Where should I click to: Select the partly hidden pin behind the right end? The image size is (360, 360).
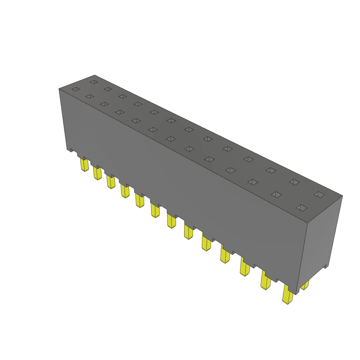pos(305,285)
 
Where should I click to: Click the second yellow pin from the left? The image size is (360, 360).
pos(97,173)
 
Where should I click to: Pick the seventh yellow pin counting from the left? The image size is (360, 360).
pos(172,221)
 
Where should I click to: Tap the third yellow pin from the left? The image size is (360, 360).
pos(111,182)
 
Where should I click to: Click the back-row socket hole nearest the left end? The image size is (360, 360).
pos(94,82)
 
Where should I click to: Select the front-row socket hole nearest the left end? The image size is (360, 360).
pos(76,89)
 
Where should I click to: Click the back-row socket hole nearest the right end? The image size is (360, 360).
pos(319,194)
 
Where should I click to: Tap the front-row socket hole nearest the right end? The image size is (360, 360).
pos(302,207)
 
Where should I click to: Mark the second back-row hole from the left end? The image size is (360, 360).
pos(108,89)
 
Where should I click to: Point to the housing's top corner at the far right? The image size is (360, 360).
pos(342,196)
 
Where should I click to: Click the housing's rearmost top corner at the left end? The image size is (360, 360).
pos(95,75)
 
